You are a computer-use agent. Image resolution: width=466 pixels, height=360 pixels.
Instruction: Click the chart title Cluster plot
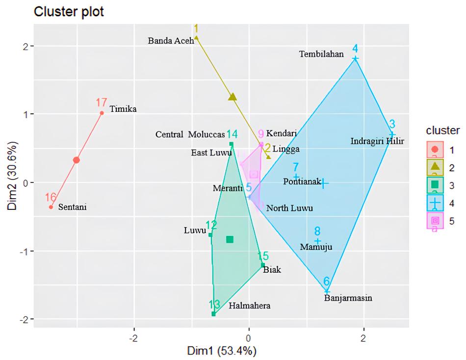[69, 12]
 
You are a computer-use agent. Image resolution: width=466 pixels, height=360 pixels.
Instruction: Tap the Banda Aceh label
[171, 41]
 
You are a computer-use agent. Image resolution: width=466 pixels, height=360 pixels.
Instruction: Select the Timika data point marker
[102, 113]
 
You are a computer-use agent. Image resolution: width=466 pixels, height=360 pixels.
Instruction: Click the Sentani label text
[72, 207]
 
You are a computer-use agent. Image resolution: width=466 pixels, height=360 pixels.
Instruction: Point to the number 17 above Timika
[101, 103]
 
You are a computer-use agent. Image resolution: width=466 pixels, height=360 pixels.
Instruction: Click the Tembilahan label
[321, 54]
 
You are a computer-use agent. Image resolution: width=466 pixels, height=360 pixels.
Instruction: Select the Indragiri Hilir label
[377, 142]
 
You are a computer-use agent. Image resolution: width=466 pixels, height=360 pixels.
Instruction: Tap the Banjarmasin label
[348, 298]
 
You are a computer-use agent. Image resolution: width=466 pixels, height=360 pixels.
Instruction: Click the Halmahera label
[249, 306]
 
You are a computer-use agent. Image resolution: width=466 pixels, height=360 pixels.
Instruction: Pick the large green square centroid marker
[230, 239]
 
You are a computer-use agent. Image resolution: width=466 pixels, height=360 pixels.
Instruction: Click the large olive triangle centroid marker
[233, 97]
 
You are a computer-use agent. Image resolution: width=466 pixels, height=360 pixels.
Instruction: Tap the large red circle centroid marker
[76, 160]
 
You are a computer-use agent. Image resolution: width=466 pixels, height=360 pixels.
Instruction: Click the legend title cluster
[443, 130]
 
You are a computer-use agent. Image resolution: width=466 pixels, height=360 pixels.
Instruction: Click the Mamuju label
[316, 247]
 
